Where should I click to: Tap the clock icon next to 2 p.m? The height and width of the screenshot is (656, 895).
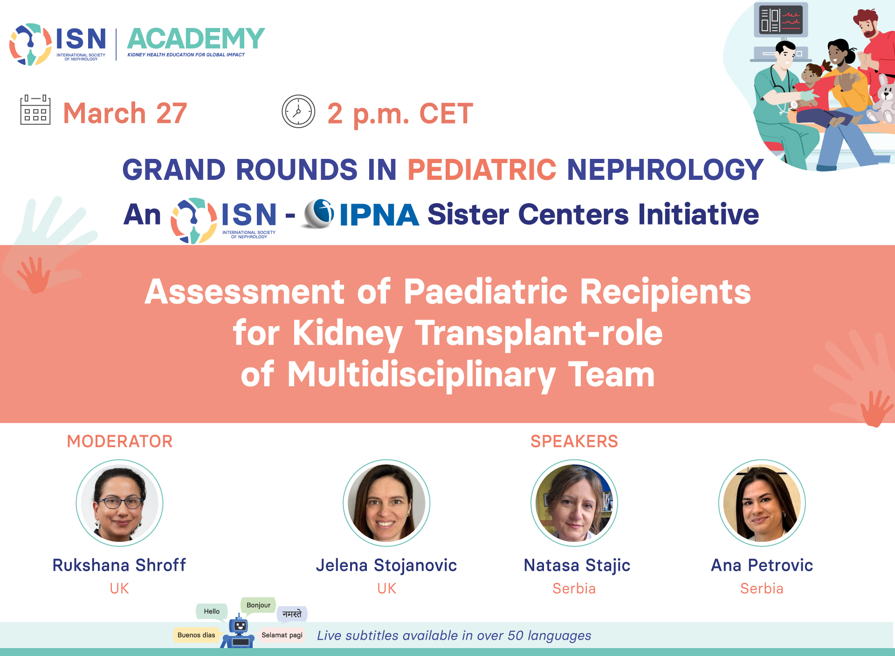(298, 111)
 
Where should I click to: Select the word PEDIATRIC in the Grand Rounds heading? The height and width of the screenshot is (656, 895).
(482, 169)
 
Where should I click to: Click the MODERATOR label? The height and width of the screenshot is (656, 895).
(120, 441)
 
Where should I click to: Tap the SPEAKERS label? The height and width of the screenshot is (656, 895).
(574, 441)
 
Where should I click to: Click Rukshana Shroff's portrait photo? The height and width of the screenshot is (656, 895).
(120, 503)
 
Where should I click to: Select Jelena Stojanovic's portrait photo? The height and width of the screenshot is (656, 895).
(386, 503)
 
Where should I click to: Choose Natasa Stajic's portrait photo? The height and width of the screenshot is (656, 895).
(574, 503)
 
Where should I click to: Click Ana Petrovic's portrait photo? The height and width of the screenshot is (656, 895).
(762, 503)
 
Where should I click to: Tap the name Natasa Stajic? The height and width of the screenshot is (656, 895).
(577, 566)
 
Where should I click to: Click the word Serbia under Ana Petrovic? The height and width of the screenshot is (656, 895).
(762, 588)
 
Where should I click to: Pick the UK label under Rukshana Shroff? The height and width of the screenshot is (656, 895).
(119, 588)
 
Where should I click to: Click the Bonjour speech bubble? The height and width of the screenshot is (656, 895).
(258, 605)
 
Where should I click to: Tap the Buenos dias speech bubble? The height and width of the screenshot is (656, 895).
(196, 635)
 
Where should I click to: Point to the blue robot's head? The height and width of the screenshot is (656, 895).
(240, 625)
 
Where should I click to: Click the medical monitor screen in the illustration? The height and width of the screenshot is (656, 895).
(781, 20)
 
